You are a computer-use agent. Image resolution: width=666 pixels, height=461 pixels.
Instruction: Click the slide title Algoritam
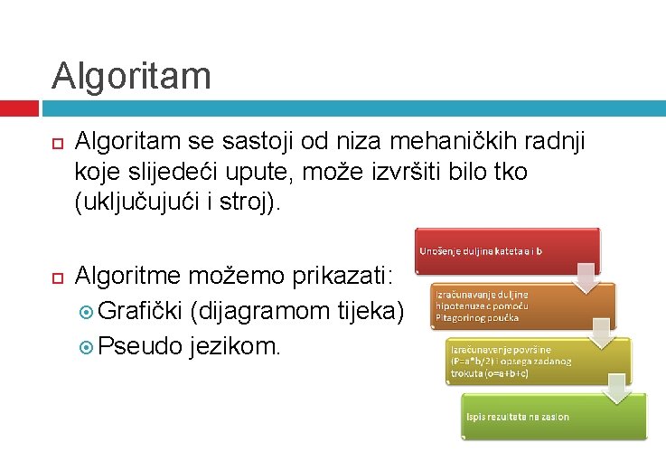131,75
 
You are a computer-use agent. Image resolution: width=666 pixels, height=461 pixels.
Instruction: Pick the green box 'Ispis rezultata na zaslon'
554,416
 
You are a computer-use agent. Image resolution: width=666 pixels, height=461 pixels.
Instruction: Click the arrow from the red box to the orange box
586,278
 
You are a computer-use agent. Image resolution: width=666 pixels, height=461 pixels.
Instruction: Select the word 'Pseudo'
141,344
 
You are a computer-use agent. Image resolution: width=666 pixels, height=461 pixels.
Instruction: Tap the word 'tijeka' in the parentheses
371,312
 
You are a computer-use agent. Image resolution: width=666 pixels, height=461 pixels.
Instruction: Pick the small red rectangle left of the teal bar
19,108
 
